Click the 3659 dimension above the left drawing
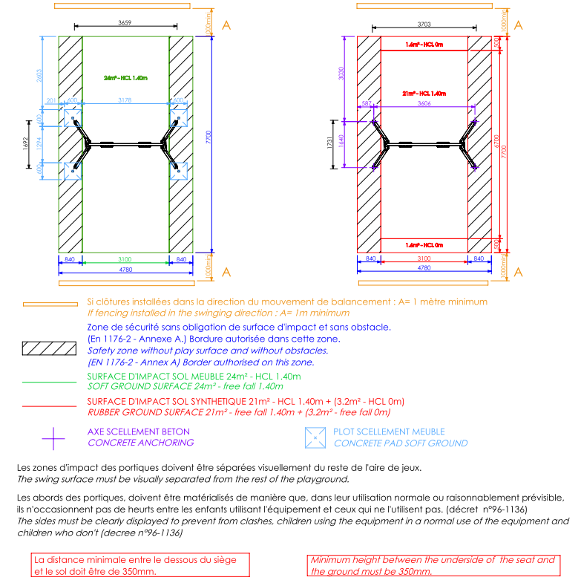coord(125,24)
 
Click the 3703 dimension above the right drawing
coord(424,24)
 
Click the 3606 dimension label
coord(424,105)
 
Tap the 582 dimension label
coord(367,105)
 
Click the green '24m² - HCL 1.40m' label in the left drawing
coord(125,77)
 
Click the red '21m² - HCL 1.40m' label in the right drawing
coord(424,94)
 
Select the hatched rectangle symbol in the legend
coord(50,348)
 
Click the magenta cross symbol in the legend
coord(53,438)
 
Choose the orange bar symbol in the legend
coord(50,304)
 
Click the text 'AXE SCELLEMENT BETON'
coord(139,432)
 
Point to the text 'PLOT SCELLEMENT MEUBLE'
coord(390,432)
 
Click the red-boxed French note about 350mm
coord(139,565)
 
